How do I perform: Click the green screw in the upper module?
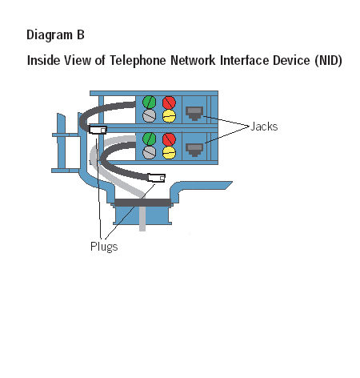pos(149,103)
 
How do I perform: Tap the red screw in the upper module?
pos(169,103)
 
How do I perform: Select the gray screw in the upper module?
pos(149,115)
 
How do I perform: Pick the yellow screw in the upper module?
pos(169,116)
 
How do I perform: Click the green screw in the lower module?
pos(149,139)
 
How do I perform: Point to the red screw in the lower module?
pos(169,139)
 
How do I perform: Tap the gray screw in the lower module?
pos(149,152)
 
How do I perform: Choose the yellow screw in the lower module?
pos(169,153)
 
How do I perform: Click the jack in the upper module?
pos(194,114)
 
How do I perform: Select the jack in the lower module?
pos(194,150)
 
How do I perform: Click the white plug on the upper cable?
pos(98,130)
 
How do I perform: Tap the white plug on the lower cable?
pos(156,178)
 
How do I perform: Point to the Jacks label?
pos(264,127)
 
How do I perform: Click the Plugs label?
pos(104,247)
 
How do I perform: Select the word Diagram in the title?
pos(50,35)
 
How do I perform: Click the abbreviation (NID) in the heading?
pos(328,60)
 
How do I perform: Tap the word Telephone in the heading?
pos(138,61)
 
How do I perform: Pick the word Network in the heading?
pos(193,60)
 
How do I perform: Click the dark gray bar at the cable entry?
pos(142,203)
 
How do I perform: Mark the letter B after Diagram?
pos(81,34)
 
